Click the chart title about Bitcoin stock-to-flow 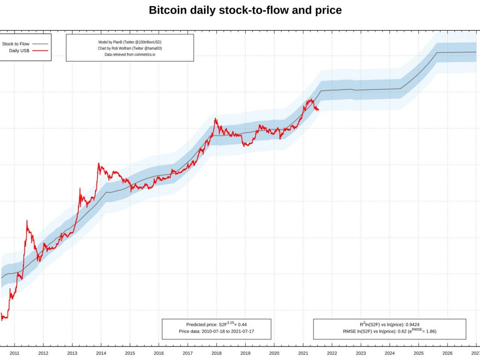[x=245, y=10]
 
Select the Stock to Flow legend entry [x=16, y=44]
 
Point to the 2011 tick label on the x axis [x=14, y=353]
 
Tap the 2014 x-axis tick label [x=101, y=353]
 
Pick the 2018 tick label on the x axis [x=216, y=353]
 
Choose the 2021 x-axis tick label [x=303, y=353]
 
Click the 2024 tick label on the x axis [x=390, y=353]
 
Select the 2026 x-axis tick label [x=447, y=353]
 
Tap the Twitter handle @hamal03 [x=150, y=48]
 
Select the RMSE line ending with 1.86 [x=390, y=331]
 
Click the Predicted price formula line [x=216, y=324]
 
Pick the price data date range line [x=216, y=331]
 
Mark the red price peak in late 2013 [x=98, y=163]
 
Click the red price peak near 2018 [x=216, y=118]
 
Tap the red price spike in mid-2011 [x=27, y=220]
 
